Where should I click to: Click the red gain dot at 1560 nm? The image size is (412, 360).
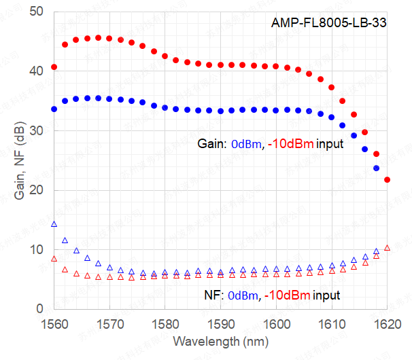click(x=54, y=67)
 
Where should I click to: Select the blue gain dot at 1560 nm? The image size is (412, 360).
click(x=54, y=109)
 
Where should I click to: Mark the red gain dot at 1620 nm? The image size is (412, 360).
click(x=388, y=179)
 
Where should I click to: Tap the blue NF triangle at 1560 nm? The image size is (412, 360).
click(x=54, y=223)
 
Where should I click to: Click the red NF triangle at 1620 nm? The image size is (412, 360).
click(x=388, y=248)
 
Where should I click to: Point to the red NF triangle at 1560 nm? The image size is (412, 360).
click(x=54, y=259)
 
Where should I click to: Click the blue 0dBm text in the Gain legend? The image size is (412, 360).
click(x=244, y=145)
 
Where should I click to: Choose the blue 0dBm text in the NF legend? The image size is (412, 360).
click(x=244, y=295)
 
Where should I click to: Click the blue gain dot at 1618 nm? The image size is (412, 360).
click(x=376, y=168)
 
